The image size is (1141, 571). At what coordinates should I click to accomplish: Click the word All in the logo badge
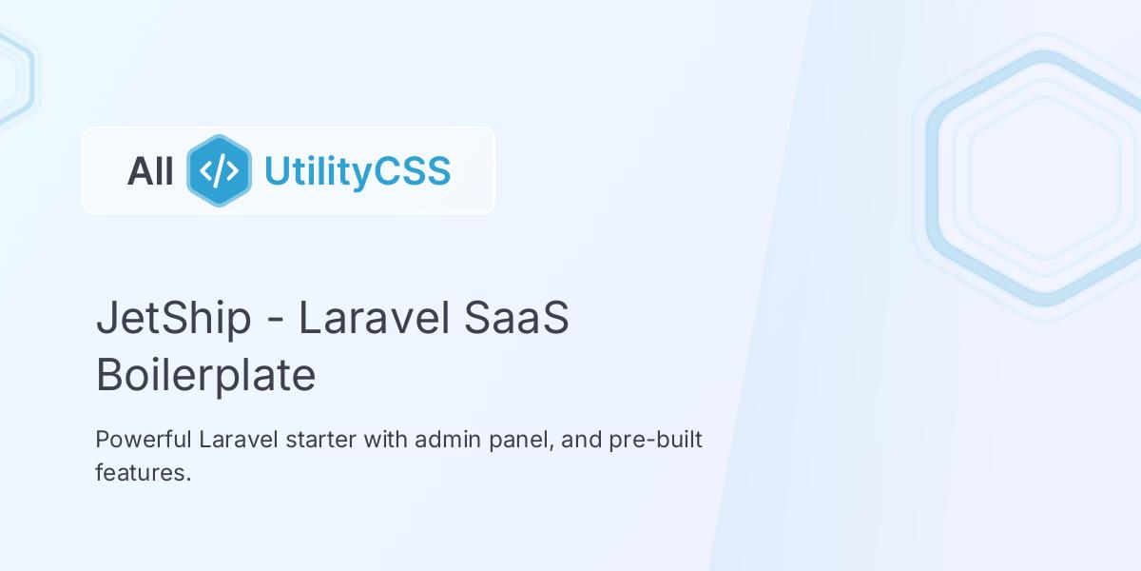(x=150, y=171)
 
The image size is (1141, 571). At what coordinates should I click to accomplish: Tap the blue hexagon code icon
(x=219, y=170)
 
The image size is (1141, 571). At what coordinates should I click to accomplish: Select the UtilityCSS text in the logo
(x=357, y=171)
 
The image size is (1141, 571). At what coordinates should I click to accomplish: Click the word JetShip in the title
(x=173, y=318)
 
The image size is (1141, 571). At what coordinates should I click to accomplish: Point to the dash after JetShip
(x=275, y=321)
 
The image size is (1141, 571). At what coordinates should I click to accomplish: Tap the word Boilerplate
(x=205, y=375)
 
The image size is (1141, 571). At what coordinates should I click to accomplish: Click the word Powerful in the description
(x=144, y=441)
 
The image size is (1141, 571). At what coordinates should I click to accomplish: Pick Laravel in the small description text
(x=234, y=441)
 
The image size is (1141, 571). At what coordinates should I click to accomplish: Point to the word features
(x=143, y=473)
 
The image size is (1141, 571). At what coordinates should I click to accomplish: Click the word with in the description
(x=372, y=441)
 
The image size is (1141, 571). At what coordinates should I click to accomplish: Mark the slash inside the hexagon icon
(x=219, y=171)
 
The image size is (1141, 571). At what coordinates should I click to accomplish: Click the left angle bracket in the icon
(x=204, y=171)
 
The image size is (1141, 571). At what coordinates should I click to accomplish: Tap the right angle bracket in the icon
(x=234, y=171)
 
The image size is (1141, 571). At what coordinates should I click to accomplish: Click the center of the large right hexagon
(x=1043, y=178)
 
